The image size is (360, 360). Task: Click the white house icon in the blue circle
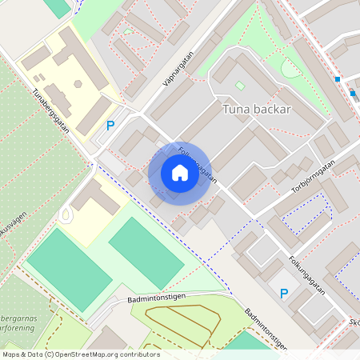[x=179, y=173]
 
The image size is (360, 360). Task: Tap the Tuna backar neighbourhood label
[x=256, y=110]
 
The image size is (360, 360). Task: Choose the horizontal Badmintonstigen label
[x=157, y=298]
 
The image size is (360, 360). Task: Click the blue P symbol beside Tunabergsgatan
[x=110, y=126]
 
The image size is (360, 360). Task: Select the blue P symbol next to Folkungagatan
[x=283, y=294]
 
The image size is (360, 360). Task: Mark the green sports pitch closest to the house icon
[x=146, y=251]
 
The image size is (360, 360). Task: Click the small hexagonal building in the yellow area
[x=78, y=83]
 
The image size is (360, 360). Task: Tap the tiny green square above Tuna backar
[x=240, y=86]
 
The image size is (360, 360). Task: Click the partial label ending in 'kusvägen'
[x=14, y=222]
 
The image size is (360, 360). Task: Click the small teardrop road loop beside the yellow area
[x=66, y=214]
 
